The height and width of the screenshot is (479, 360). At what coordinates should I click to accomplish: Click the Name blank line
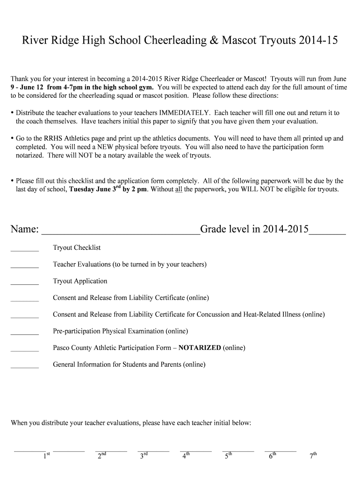click(x=120, y=231)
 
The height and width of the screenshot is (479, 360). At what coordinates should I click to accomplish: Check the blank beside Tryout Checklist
click(x=24, y=250)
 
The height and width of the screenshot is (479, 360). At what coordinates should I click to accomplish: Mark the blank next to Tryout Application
click(x=24, y=283)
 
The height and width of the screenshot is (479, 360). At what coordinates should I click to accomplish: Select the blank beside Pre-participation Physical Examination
click(x=24, y=334)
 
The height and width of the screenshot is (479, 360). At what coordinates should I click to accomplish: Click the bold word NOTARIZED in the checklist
click(x=200, y=348)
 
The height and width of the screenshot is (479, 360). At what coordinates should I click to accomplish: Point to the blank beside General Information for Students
click(x=24, y=367)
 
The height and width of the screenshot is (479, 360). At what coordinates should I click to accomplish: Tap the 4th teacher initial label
click(x=186, y=456)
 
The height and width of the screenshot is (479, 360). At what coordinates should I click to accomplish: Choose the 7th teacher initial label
click(x=314, y=456)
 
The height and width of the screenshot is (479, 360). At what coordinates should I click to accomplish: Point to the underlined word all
click(x=179, y=189)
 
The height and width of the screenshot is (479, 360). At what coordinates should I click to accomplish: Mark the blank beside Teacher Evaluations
click(x=24, y=267)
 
